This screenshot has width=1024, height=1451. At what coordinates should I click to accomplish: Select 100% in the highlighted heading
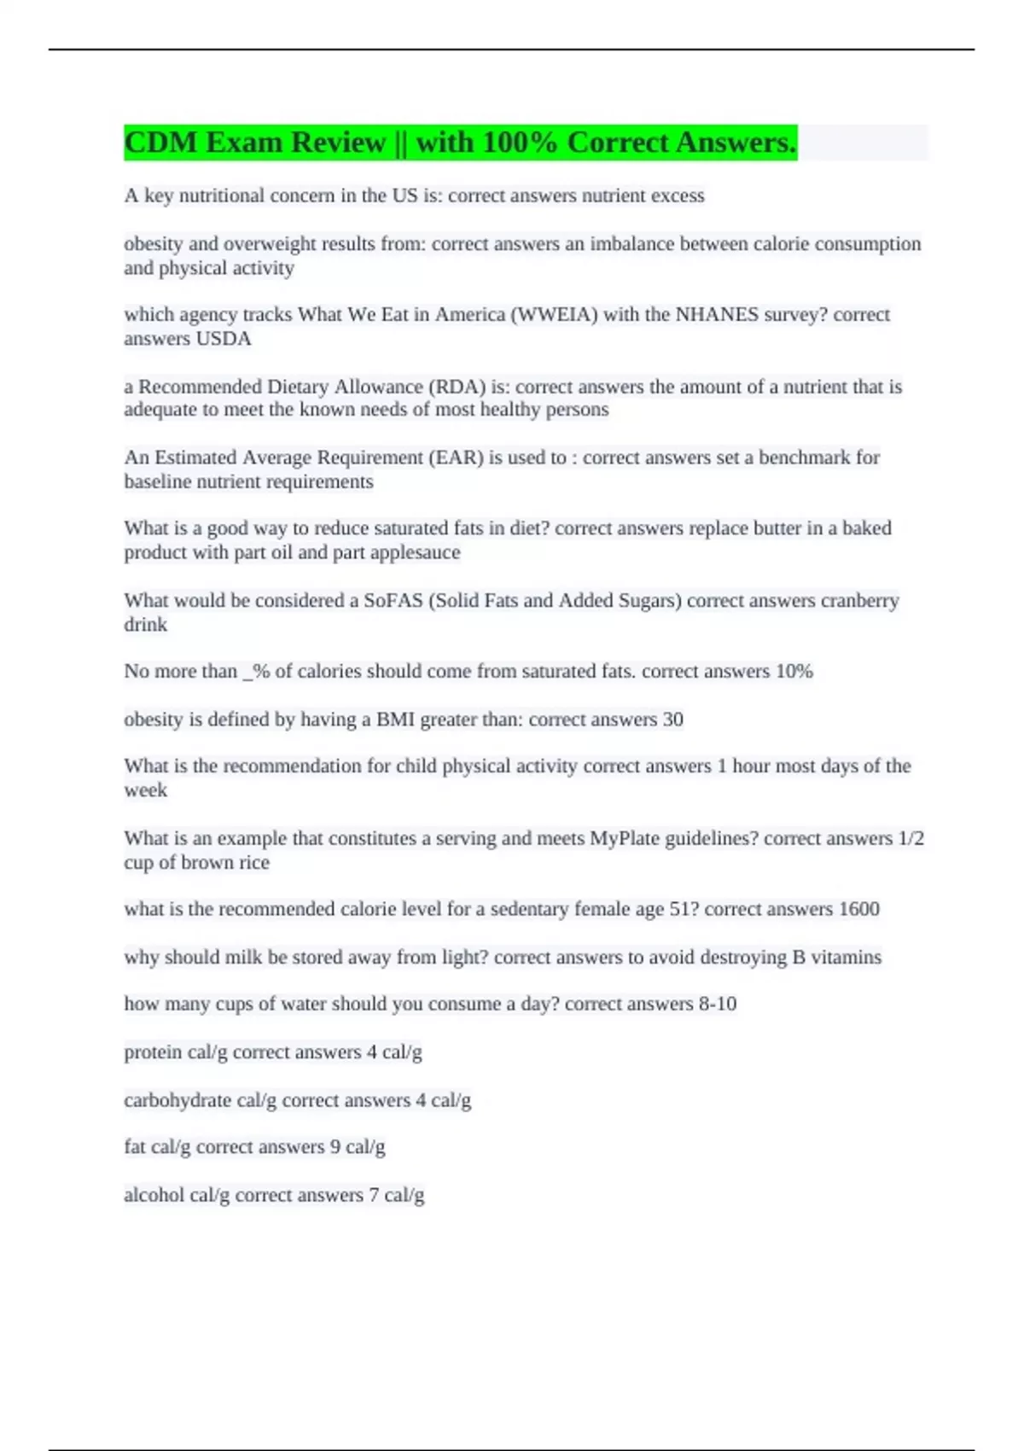pos(520,143)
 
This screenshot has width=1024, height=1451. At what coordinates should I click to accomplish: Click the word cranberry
pos(859,601)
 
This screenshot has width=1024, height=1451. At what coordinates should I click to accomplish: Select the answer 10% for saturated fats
pos(794,672)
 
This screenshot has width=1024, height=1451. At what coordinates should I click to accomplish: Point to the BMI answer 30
pos(672,720)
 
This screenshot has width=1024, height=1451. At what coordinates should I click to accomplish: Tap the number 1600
pos(858,909)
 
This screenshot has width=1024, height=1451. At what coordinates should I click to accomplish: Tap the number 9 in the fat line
pos(335,1147)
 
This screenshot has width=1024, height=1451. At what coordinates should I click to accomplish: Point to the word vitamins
pos(846,957)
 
